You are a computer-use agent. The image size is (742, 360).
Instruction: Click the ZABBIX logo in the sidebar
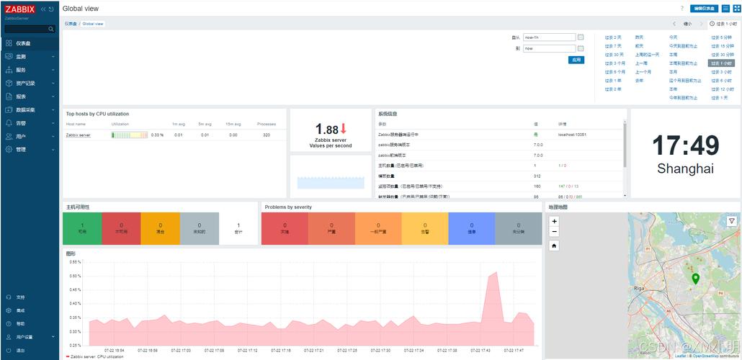(19, 9)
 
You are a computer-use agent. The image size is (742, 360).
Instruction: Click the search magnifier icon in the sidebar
(51, 30)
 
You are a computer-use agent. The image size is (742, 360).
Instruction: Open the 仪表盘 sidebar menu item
(24, 43)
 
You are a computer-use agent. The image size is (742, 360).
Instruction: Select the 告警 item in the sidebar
(21, 123)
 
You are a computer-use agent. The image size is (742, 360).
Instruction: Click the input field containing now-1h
(548, 37)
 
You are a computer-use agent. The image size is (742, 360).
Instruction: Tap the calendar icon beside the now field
(581, 48)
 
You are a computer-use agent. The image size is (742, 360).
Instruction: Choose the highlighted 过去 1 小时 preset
(720, 63)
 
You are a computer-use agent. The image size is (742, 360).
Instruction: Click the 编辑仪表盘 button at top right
(703, 9)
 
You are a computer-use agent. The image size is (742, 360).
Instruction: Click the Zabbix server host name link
(78, 135)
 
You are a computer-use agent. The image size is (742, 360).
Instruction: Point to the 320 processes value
(267, 135)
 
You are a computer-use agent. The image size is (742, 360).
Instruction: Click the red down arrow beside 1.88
(344, 129)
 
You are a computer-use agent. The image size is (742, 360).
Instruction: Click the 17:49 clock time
(685, 146)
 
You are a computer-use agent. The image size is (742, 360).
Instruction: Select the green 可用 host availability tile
(81, 228)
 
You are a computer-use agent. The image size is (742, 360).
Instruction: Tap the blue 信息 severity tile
(471, 228)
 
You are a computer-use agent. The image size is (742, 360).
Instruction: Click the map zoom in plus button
(554, 221)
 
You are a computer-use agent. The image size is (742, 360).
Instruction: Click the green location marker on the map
(695, 278)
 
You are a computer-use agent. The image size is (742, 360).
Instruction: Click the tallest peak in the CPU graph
(493, 273)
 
